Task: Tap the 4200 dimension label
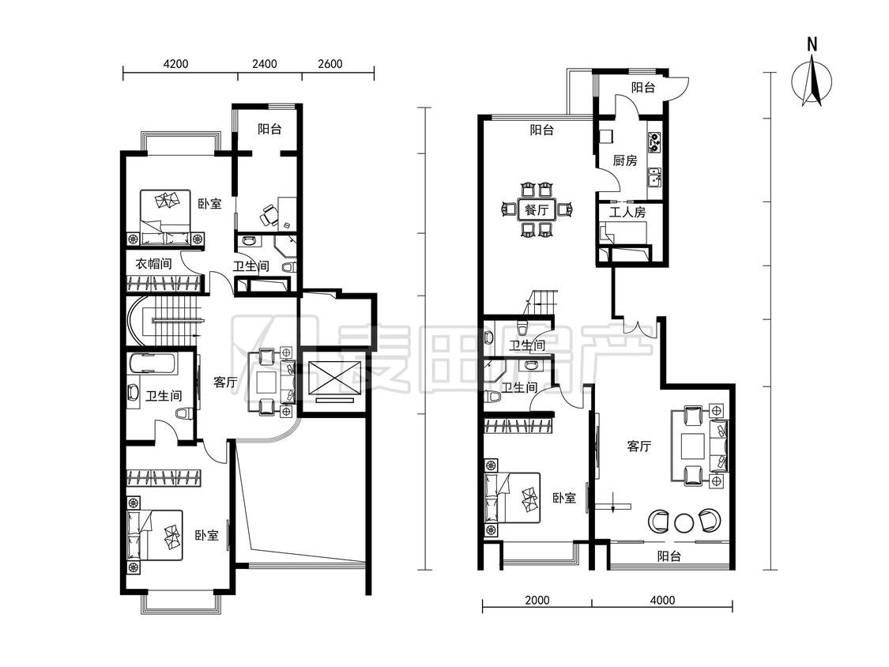coord(175,64)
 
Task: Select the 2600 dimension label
coord(330,64)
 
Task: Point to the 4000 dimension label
coord(662,600)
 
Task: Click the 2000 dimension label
coord(537,600)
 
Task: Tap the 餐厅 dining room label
coord(537,210)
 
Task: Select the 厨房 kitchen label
coord(625,160)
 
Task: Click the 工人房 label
coord(627,212)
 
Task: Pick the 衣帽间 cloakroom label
coord(153,264)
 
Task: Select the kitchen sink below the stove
coord(655,178)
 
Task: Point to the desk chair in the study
coord(269,215)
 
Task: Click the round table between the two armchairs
coord(684,522)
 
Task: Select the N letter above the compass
coord(812,45)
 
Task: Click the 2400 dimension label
coord(265,64)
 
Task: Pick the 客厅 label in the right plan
coord(639,447)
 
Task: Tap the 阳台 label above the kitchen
coord(643,88)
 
